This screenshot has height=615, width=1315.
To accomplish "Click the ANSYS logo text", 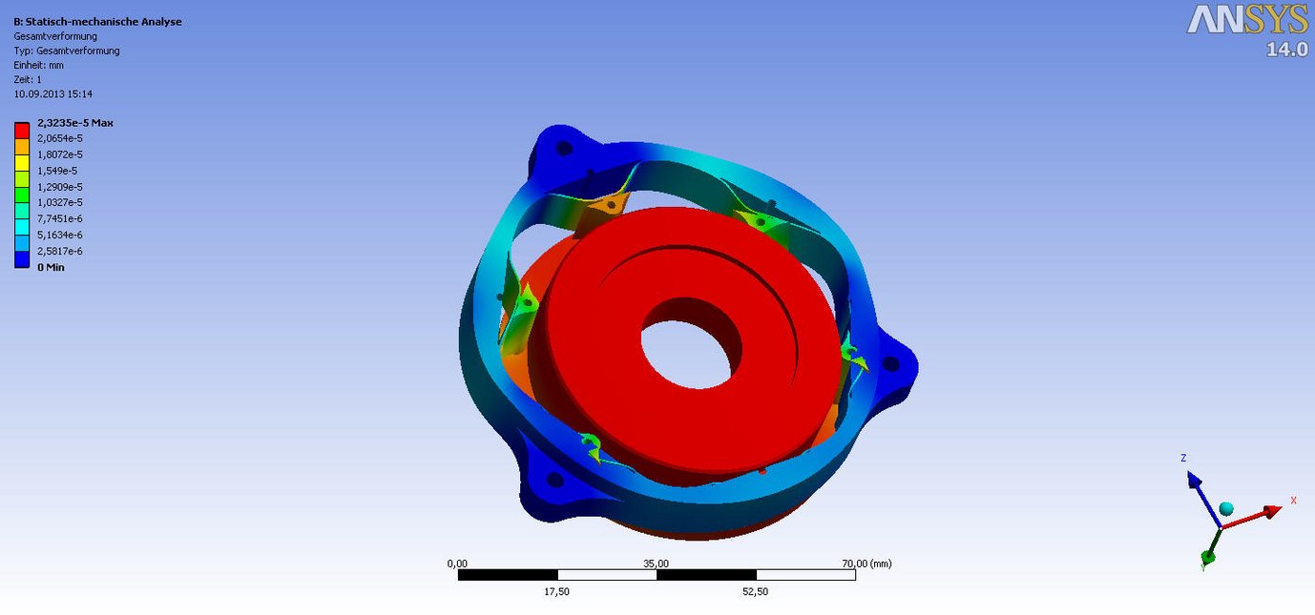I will tap(1247, 20).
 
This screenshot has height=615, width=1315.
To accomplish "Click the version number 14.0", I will tap(1286, 50).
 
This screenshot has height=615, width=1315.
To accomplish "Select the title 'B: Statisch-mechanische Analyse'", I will tap(97, 22).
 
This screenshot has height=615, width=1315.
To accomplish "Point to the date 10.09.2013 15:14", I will tap(52, 94).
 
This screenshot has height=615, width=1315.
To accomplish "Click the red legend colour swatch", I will tap(22, 129).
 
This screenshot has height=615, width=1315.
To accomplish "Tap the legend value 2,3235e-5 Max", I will tap(75, 123).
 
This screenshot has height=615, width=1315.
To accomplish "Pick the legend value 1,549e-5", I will tap(58, 170).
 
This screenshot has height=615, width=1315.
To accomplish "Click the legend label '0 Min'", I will tap(51, 267).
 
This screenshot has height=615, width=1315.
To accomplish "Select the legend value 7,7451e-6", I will tap(59, 218).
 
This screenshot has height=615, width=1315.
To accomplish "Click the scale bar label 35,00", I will tap(657, 564).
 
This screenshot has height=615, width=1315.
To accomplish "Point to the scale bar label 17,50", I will tap(556, 591).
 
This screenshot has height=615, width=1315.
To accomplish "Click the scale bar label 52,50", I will tap(755, 591).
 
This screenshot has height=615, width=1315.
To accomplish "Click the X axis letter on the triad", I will tap(1293, 500).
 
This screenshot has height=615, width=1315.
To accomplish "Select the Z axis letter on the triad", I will tap(1183, 459).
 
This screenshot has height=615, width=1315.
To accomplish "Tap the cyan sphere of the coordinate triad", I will tap(1226, 508).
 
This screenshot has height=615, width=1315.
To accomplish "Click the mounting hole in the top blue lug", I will tap(564, 148).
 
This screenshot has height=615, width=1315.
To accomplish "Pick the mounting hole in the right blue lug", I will tap(890, 363).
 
